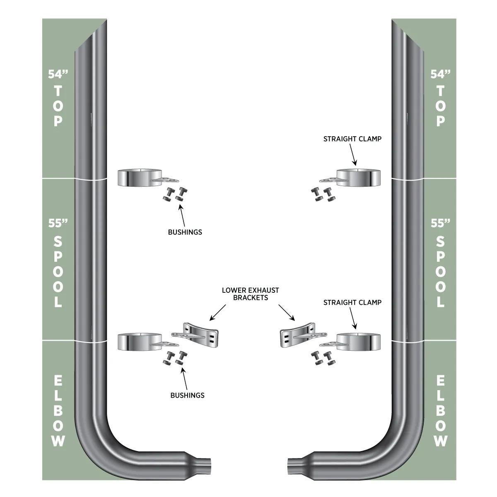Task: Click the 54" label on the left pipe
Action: click(x=58, y=74)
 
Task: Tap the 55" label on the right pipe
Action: click(x=441, y=223)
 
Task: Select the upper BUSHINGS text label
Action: click(x=185, y=232)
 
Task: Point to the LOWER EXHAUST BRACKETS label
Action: click(x=251, y=294)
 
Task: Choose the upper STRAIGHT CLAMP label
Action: click(x=352, y=139)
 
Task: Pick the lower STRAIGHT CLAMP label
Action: click(x=352, y=302)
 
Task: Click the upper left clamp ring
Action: click(x=140, y=178)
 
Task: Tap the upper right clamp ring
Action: click(x=359, y=178)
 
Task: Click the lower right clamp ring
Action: click(x=359, y=342)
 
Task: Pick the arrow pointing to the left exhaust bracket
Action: click(x=217, y=313)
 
